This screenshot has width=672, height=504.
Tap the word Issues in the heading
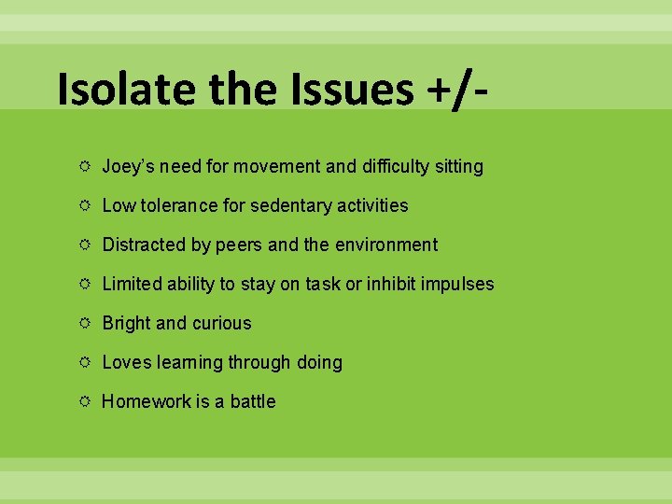coord(357,89)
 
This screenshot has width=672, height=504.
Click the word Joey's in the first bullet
coord(128,167)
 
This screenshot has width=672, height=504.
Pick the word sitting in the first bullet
coord(455,167)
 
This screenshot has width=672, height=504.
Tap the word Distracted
coord(145,245)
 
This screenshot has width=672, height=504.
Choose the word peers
coord(239,245)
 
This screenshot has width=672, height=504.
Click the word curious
coord(222,324)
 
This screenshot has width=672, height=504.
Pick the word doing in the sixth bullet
coord(319,362)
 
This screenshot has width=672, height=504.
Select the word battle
coord(253,401)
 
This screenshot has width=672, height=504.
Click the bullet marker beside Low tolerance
coord(85,205)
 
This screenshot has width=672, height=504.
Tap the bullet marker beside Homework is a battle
coord(85,401)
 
